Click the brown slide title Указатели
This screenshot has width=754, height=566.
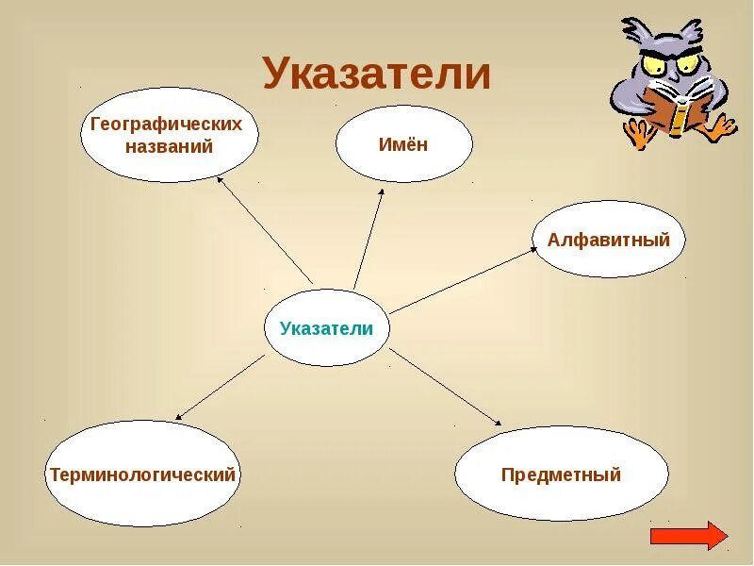[376, 73]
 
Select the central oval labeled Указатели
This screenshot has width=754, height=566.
[326, 328]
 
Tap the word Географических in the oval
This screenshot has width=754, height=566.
[167, 125]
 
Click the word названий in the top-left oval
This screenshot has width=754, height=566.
[169, 146]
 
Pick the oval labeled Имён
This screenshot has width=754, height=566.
[403, 144]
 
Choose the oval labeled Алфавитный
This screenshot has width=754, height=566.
[609, 240]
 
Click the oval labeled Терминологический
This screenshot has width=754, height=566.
[142, 474]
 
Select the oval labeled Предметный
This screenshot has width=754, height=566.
[561, 474]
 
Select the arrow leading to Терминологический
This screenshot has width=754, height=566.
[221, 387]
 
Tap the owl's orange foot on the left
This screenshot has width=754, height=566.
[640, 136]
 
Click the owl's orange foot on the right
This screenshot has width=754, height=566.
[721, 128]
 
